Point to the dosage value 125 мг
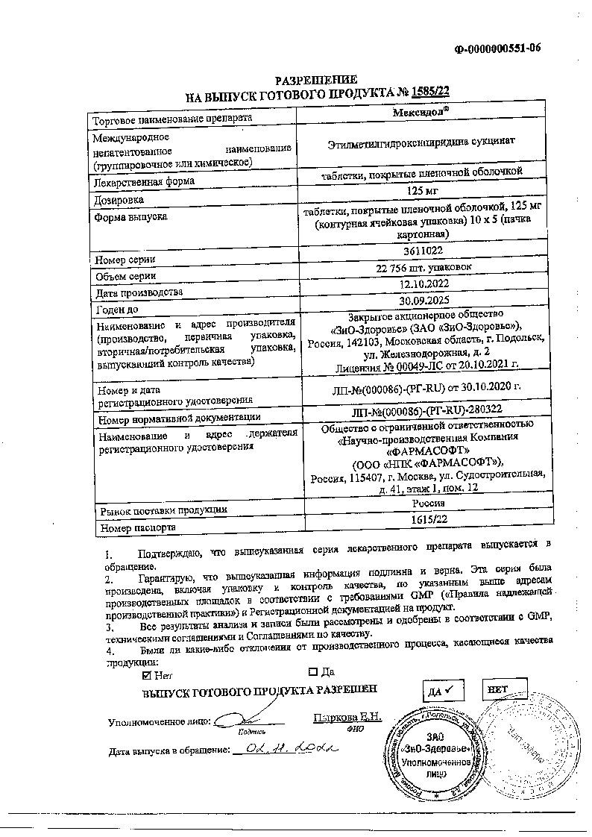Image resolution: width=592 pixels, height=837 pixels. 421,190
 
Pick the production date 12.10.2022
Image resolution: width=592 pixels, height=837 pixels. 421,283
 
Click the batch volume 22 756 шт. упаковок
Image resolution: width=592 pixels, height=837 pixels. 421,269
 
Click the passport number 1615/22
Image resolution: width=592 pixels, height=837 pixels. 421,519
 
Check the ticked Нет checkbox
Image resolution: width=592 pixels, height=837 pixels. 146,675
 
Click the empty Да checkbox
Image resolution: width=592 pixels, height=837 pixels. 312,672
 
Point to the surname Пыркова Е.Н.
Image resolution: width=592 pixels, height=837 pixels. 347,718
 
